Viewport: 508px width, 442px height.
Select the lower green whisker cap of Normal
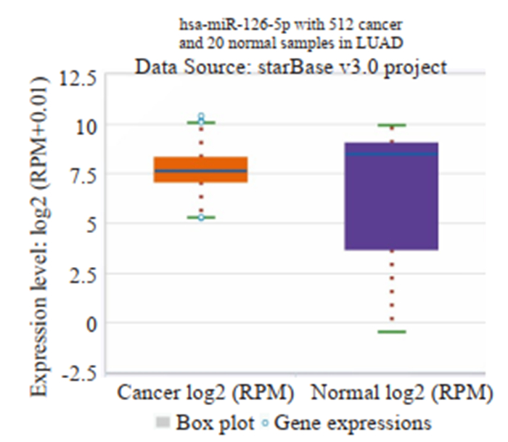(x=392, y=332)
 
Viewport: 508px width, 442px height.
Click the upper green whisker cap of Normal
(x=392, y=126)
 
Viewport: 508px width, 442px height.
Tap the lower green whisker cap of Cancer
(x=201, y=217)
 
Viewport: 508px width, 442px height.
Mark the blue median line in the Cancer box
(x=201, y=171)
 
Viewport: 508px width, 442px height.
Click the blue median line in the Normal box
(x=392, y=154)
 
